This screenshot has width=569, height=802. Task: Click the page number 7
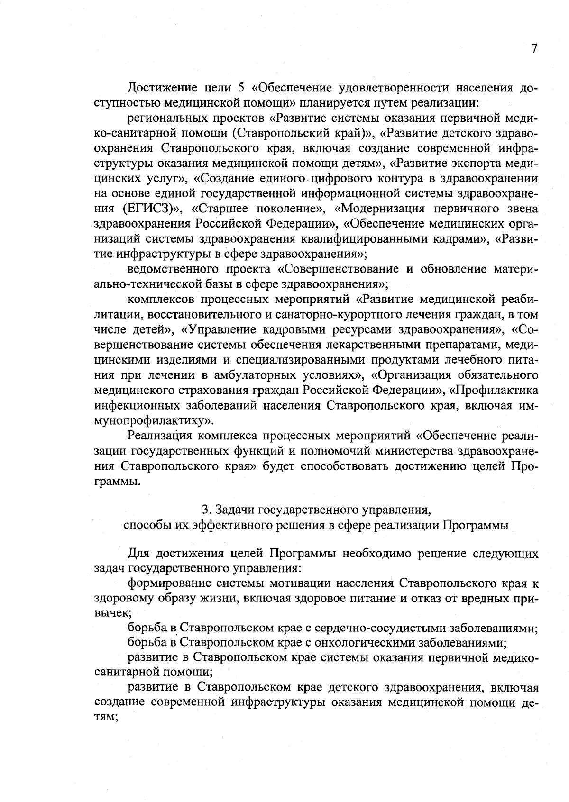coord(534,49)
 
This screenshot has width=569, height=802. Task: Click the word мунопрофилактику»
coord(154,421)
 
